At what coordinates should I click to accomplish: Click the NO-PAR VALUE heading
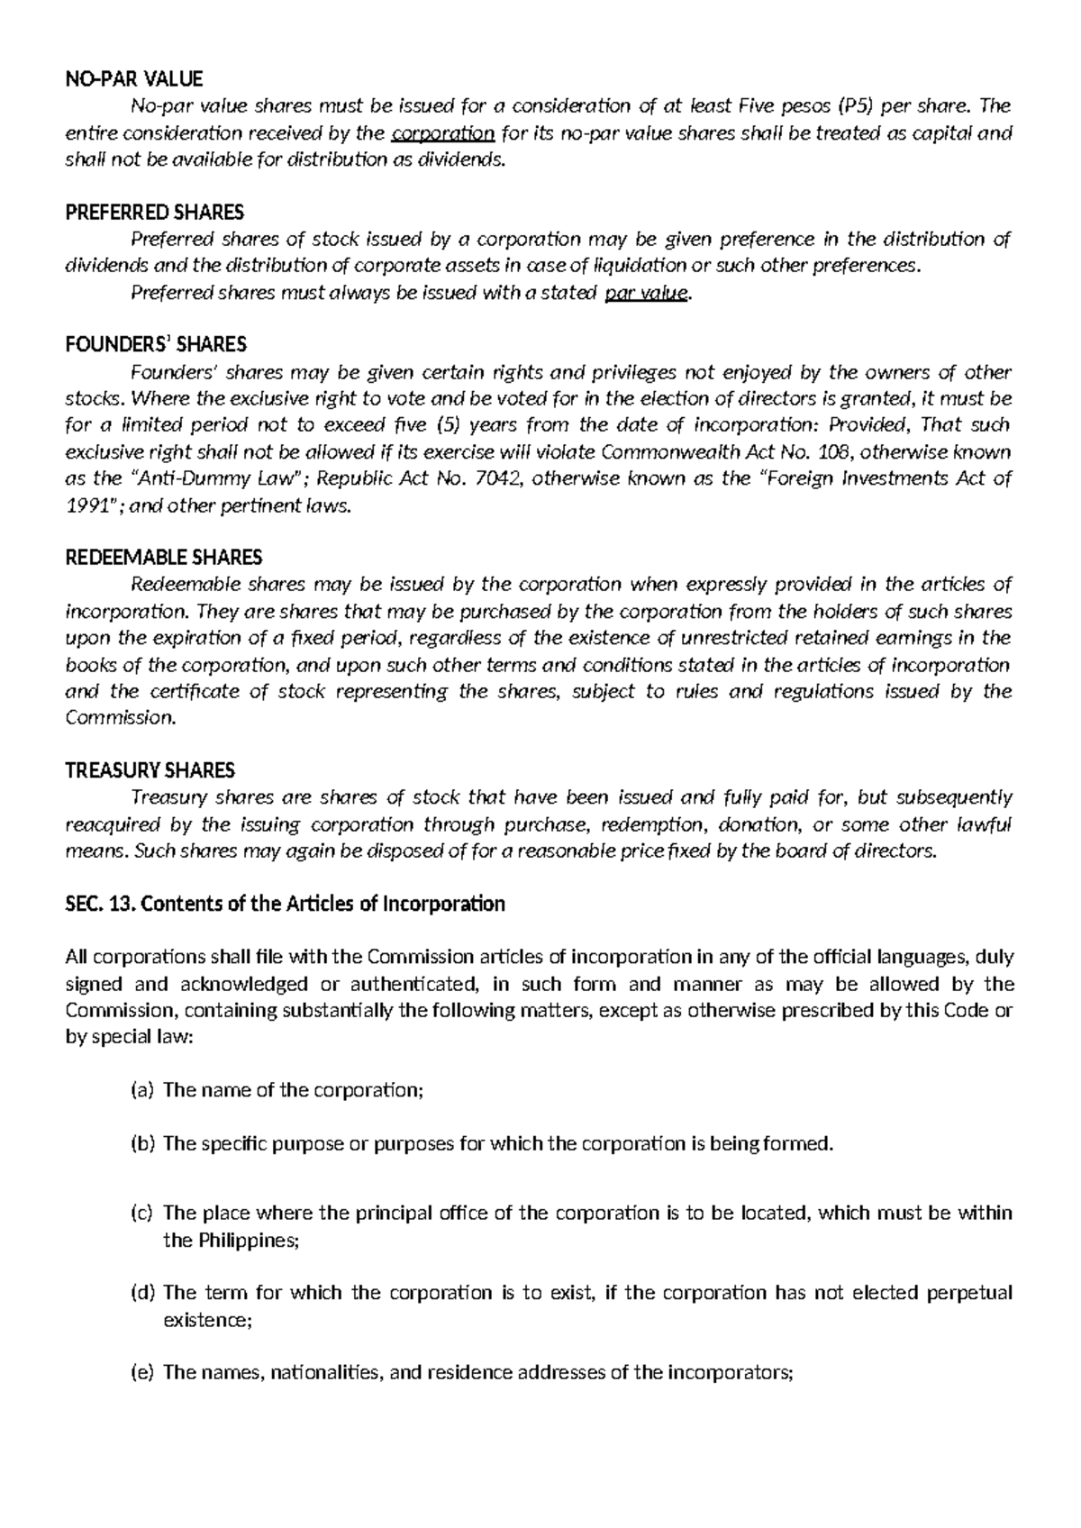[x=134, y=79]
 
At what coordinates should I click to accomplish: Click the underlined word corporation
[x=444, y=133]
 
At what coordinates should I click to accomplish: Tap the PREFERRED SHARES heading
[x=155, y=213]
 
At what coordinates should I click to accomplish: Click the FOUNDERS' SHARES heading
[x=156, y=345]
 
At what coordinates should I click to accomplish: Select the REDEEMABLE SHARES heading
[x=164, y=558]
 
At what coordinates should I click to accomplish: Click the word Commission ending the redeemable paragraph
[x=121, y=718]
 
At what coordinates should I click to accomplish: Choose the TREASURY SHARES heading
[x=150, y=770]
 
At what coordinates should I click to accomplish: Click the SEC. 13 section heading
[x=286, y=904]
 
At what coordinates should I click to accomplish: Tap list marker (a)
[x=143, y=1090]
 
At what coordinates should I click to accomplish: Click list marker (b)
[x=143, y=1143]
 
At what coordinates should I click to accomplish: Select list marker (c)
[x=143, y=1213]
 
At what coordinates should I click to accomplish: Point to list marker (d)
[x=143, y=1293]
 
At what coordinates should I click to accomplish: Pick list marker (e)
[x=143, y=1373]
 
